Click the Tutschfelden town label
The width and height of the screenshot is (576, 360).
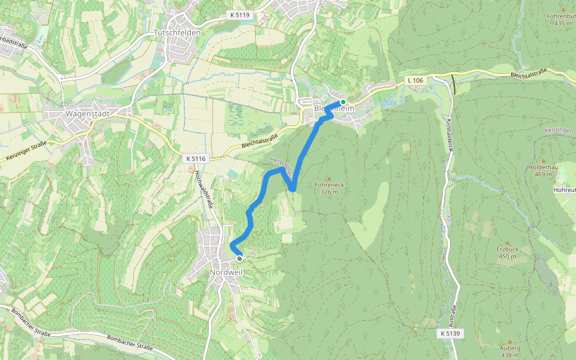coord(177,32)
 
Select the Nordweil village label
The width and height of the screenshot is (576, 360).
coord(226,272)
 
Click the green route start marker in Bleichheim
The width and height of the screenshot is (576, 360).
coord(343,101)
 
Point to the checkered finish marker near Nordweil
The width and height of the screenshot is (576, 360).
coord(240,259)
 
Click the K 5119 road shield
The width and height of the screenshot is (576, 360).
coord(238,14)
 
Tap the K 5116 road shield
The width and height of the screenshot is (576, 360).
coord(196,158)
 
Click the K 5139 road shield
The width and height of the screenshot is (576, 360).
coord(449,332)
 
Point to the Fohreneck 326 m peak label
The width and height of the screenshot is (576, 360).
coord(329,188)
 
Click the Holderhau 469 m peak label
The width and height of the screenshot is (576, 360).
coord(544,171)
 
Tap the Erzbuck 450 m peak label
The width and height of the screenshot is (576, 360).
coord(508,252)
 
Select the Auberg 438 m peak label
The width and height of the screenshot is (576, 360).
coord(510,351)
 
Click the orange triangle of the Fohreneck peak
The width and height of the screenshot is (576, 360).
coord(329,178)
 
